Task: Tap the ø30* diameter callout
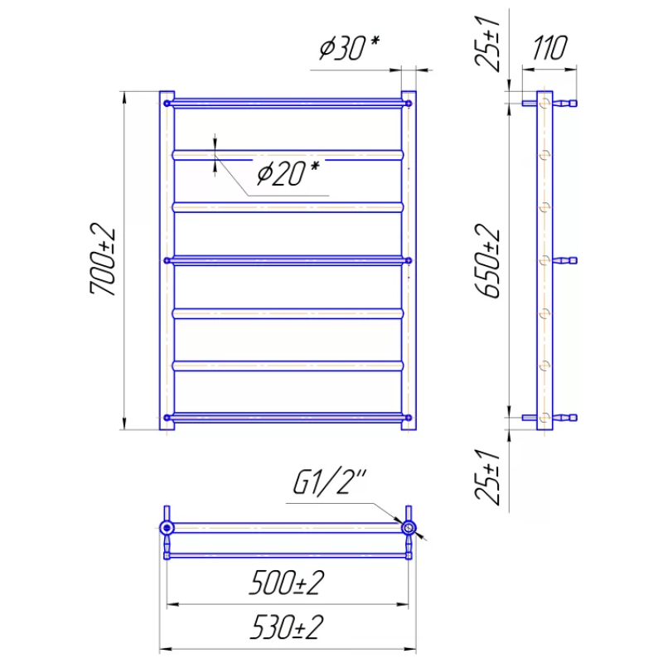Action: coord(349,46)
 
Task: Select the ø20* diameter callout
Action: coord(288,173)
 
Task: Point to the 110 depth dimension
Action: coord(549,48)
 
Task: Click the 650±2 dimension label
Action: coord(487,261)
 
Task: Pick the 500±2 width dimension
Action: coord(287,583)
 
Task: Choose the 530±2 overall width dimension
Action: coord(287,627)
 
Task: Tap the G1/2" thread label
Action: coord(329,482)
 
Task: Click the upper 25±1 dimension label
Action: coord(487,43)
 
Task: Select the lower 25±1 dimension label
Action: coord(487,477)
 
